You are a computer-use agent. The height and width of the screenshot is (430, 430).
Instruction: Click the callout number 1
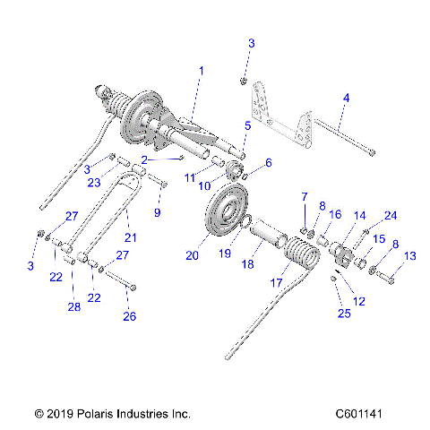[x=202, y=70]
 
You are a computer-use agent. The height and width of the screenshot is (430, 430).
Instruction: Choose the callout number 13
[x=410, y=255]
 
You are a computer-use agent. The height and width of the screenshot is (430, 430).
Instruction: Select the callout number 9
[x=159, y=212]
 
